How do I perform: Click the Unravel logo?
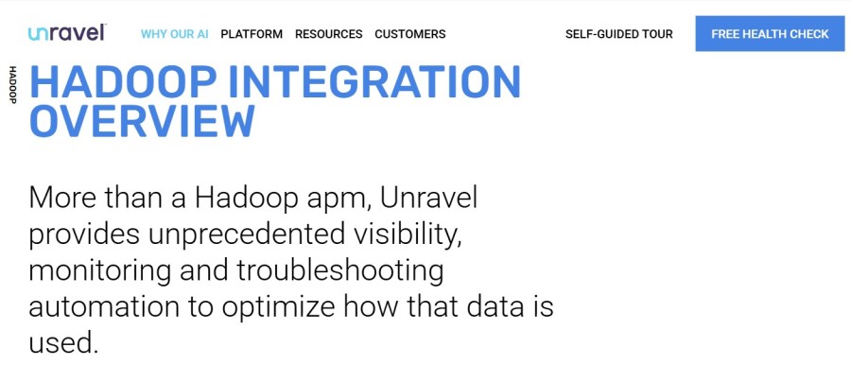66,33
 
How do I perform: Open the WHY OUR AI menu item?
174,34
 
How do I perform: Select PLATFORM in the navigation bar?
252,34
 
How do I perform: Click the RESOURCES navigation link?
328,34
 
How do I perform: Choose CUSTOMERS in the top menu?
409,34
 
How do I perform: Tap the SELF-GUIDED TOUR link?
619,34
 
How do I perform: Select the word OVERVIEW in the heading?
142,122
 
